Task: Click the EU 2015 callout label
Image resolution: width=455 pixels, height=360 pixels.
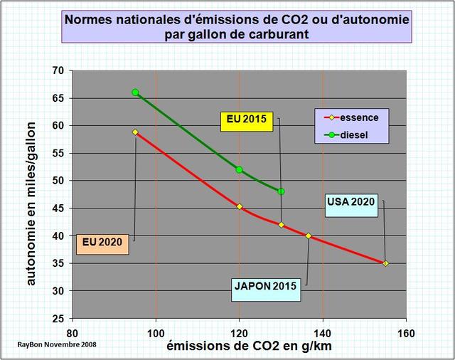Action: [246, 120]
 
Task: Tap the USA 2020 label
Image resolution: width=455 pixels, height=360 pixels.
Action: [350, 201]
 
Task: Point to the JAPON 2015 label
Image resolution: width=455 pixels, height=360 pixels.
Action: [267, 286]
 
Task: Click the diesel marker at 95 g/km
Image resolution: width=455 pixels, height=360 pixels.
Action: [135, 92]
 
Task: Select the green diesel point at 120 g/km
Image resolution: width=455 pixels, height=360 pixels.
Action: [240, 169]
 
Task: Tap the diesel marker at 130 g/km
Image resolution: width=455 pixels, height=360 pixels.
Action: [282, 191]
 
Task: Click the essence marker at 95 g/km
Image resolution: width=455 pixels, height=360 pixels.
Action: [135, 132]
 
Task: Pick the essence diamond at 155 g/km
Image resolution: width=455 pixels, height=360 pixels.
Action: [385, 263]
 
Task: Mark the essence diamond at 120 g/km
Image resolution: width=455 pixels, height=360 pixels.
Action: [240, 206]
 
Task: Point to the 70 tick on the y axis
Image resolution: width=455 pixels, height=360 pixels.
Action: [58, 70]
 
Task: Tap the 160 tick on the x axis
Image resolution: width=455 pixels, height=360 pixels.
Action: [406, 332]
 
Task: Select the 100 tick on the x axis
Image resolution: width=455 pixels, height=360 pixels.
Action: [156, 332]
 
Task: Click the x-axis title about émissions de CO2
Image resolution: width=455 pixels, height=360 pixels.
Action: [243, 346]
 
